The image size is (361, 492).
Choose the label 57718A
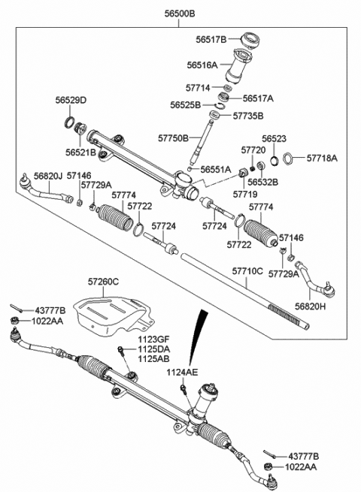322,158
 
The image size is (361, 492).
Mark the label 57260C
103,282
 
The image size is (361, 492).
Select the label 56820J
47,176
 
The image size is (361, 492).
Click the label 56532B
264,182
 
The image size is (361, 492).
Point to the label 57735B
248,116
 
